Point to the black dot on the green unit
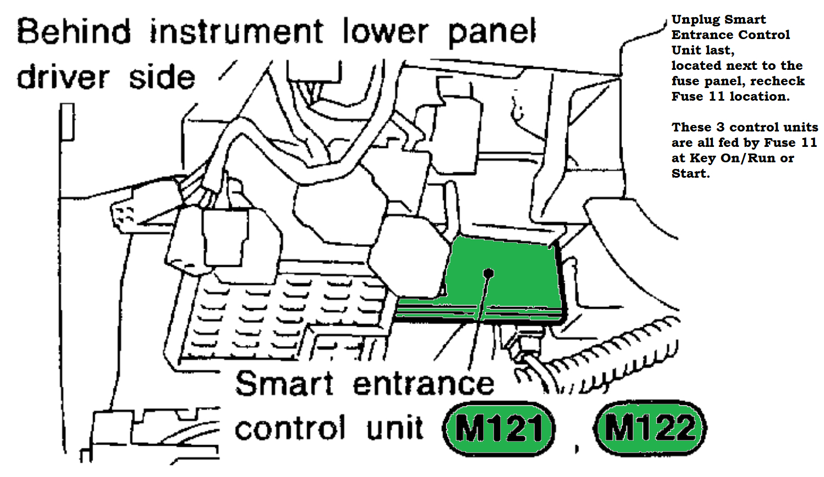pyautogui.click(x=488, y=273)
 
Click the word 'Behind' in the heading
pyautogui.click(x=74, y=31)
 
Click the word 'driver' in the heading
pyautogui.click(x=63, y=77)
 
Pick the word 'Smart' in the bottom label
pyautogui.click(x=284, y=383)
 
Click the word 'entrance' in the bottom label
pyautogui.click(x=423, y=384)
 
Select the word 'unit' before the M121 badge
pyautogui.click(x=395, y=429)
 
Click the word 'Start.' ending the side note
pyautogui.click(x=690, y=174)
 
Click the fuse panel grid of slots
pyautogui.click(x=275, y=314)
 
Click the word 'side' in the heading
pyautogui.click(x=162, y=77)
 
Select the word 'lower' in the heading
pyautogui.click(x=385, y=31)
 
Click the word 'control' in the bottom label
pyautogui.click(x=290, y=429)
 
